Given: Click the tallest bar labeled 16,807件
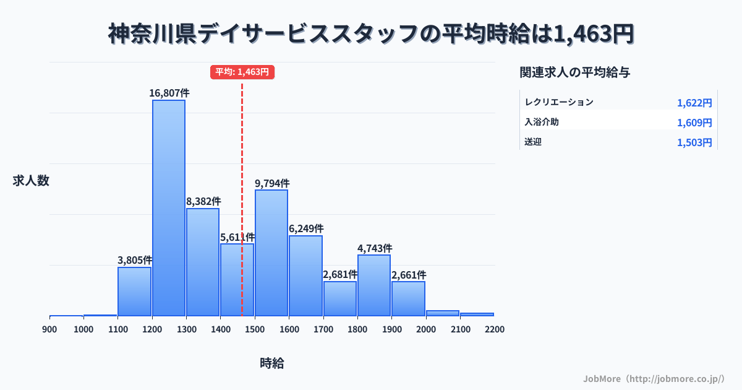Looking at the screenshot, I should tap(169, 207).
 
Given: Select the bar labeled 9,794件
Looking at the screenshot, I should tap(271, 253).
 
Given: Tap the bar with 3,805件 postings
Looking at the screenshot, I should tap(135, 291).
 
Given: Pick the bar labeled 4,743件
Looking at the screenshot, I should tap(374, 285).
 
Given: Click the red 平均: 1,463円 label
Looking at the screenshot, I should tap(242, 72).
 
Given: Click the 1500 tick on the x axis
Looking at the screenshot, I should tap(254, 329).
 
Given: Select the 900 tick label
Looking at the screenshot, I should tap(49, 329).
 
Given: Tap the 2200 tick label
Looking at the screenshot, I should tap(495, 329).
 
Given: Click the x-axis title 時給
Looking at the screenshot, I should tap(272, 363).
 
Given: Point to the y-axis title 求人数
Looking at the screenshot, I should tap(31, 181).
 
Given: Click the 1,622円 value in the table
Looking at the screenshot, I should tap(694, 103).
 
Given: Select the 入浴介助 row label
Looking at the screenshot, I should tap(542, 123).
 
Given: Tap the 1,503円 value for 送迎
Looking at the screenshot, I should tap(694, 143).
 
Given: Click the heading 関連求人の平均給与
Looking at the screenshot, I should tap(574, 72).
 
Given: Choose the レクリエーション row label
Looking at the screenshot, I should tap(559, 103).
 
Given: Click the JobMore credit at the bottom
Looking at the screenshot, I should tap(654, 378).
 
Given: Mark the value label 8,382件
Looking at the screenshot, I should tap(203, 201).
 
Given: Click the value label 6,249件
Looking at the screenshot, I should tap(306, 229).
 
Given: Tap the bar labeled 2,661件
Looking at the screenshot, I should tap(408, 298).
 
